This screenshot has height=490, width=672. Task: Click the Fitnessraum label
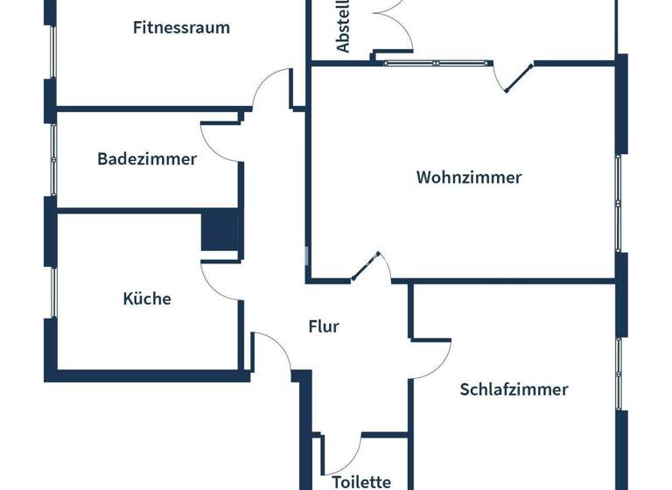coord(181,27)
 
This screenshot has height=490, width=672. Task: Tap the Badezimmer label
coord(147,159)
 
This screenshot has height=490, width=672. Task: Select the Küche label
coord(147,298)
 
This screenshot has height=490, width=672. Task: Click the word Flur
coord(324,326)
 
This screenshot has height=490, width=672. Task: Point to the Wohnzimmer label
coord(469,178)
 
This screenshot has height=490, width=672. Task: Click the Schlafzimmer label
coord(514,389)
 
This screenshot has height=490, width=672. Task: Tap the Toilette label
coord(361,481)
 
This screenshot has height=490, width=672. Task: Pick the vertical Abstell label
coord(344,26)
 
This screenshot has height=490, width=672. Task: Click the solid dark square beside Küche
coord(220,232)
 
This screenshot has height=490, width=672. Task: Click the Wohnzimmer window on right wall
coord(619,204)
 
